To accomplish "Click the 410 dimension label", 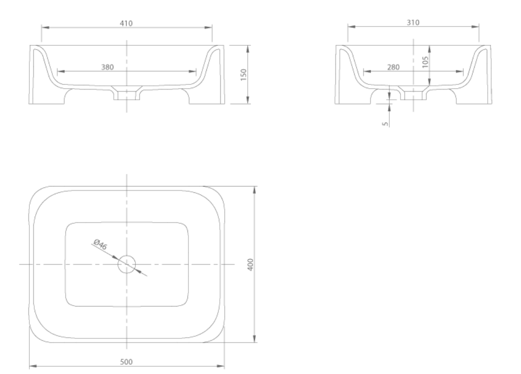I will pos(126,23).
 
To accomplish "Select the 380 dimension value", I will pos(107,67).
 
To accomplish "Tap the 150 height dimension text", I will pos(243,74).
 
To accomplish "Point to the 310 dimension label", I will pos(413,23).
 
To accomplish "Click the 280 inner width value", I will pos(393,67).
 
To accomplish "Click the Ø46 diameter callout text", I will pos(100,244).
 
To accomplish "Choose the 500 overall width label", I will pos(126,361).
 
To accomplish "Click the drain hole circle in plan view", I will pos(127,264).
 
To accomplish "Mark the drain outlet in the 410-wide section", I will pos(127,94).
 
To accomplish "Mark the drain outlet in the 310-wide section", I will pos(413,94).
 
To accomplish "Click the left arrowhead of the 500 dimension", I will pos(32,366).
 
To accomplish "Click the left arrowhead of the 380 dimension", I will pos(60,72).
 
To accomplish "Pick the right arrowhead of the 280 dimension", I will pos(461,72).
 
